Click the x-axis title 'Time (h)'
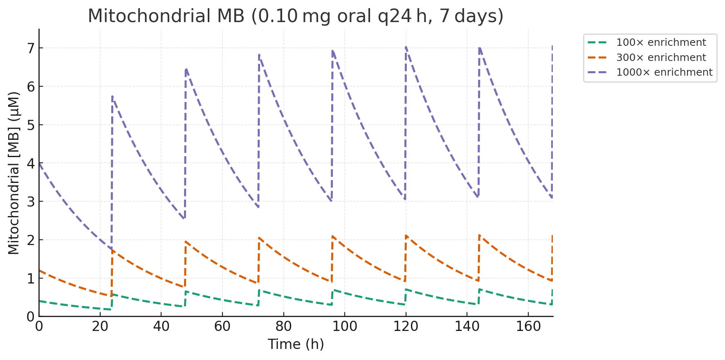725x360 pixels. [x=296, y=344]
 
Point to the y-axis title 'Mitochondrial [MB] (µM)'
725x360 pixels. [x=14, y=173]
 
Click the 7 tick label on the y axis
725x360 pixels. [x=29, y=48]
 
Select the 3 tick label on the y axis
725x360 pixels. [x=29, y=202]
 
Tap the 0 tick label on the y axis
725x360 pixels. [x=29, y=317]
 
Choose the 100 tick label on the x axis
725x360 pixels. [x=344, y=327]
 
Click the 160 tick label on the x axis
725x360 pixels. [x=528, y=327]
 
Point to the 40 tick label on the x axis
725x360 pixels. [x=161, y=327]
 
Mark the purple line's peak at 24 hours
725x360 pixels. [x=112, y=96]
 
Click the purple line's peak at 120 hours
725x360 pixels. [x=406, y=47]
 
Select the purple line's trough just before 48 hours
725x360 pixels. [x=185, y=218]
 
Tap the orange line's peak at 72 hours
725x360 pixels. [x=259, y=238]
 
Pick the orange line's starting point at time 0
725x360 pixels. [x=39, y=270]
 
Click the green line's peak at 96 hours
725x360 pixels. [x=333, y=290]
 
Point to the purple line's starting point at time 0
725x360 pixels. [x=39, y=163]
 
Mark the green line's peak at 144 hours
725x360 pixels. [x=479, y=289]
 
